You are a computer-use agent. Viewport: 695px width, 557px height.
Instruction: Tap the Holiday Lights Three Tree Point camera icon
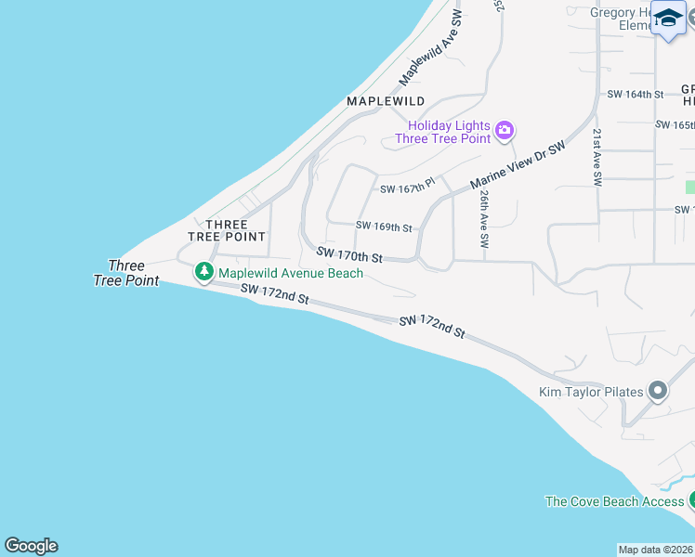click(505, 130)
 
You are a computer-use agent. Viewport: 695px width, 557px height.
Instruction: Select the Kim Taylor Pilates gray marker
click(658, 391)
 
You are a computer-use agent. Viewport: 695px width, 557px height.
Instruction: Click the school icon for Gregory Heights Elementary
click(669, 19)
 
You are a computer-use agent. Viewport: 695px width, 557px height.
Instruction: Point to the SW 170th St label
click(349, 253)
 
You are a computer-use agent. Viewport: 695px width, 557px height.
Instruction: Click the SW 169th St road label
click(384, 227)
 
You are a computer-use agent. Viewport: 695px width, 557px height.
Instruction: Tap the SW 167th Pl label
click(407, 188)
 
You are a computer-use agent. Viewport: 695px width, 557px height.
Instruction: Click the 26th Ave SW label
click(484, 219)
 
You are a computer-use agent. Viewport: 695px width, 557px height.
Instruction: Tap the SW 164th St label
click(636, 95)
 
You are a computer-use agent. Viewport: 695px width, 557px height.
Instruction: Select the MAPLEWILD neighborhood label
click(386, 100)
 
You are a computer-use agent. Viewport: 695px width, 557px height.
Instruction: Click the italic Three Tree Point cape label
click(126, 273)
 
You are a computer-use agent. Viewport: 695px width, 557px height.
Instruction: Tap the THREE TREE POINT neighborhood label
click(227, 230)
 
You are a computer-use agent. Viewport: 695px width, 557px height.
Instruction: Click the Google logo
click(31, 546)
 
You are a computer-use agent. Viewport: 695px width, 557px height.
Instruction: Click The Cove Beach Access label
click(614, 501)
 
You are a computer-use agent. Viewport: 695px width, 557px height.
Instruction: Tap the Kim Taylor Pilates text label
click(591, 392)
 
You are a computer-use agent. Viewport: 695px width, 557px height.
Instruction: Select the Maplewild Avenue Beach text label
click(291, 273)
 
